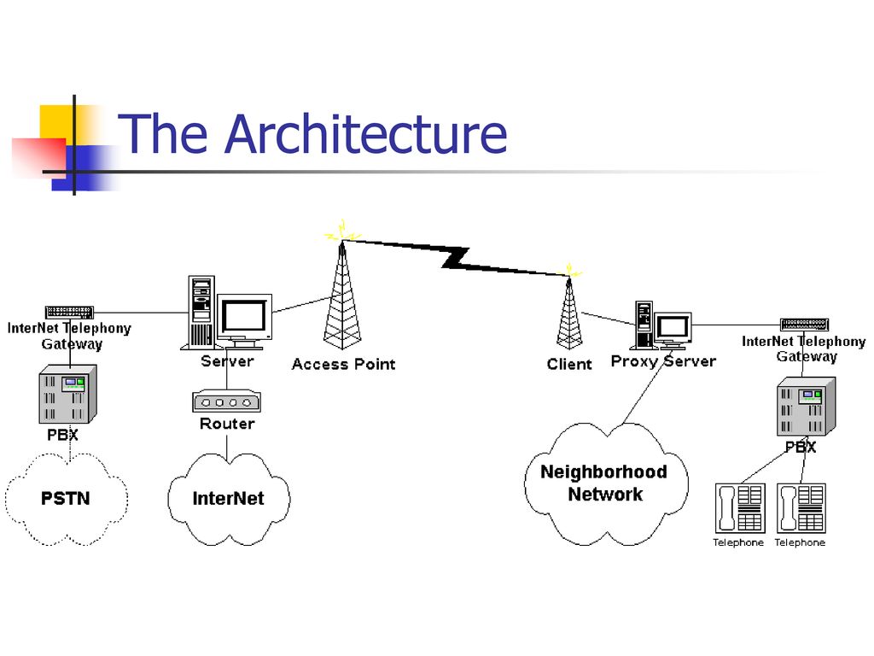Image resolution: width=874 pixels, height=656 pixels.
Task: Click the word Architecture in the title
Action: coord(366,134)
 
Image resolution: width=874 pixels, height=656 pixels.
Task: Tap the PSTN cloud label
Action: coord(66,498)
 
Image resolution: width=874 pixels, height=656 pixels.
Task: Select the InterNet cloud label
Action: coord(228,498)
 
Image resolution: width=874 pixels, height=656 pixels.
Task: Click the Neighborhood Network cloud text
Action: coord(604,483)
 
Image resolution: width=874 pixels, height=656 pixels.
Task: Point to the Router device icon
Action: coord(227,401)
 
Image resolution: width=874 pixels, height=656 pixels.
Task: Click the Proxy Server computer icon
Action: coord(662,326)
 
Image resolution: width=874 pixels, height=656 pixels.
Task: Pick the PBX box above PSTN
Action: coord(67,394)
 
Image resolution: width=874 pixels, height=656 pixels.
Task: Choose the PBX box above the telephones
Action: coord(804,407)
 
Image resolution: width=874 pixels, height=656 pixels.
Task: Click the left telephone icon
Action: coord(739,509)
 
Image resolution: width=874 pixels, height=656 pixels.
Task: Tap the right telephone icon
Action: coord(800,509)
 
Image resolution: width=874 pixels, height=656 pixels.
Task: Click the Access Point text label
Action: coord(343,364)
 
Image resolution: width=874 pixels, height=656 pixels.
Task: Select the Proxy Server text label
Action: coord(663,361)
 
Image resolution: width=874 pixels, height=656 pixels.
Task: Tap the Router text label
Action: coord(227,424)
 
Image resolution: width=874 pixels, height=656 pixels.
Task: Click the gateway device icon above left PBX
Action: coord(69,313)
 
